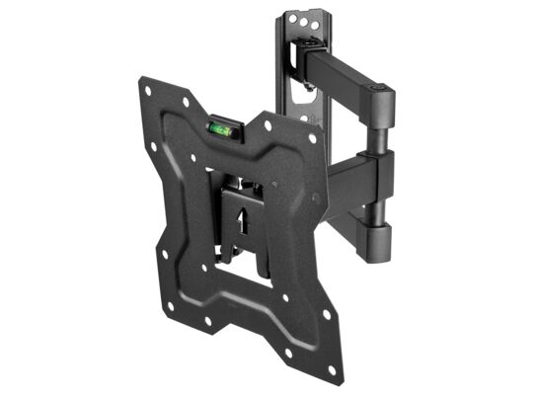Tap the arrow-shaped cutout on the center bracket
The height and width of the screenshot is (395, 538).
[x=239, y=210]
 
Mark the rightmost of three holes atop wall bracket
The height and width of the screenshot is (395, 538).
[x=314, y=27]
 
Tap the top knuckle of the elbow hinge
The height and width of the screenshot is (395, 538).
[x=381, y=106]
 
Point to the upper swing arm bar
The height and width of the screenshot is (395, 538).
[x=341, y=80]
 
